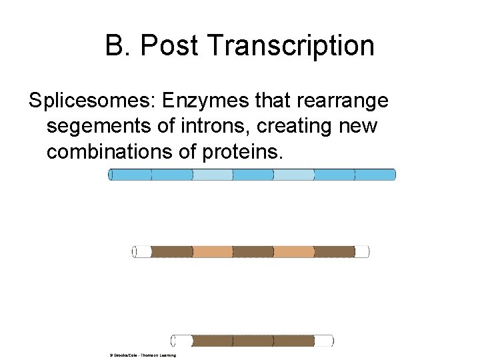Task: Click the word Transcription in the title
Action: pos(291,46)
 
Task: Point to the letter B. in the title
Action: pos(117,46)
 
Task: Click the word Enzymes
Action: pos(205,101)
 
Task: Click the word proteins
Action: pos(241,152)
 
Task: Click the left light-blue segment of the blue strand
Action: pos(213,175)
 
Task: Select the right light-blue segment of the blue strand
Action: pos(293,175)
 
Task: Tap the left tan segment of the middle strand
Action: pos(213,251)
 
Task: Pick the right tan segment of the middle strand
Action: pos(293,251)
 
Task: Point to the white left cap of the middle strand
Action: pos(142,251)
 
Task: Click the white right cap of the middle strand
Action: pos(361,251)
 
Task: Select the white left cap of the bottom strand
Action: pos(182,341)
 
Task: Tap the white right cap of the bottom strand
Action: pos(323,341)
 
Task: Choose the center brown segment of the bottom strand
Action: pos(253,341)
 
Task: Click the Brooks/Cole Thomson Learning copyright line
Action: pos(143,355)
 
